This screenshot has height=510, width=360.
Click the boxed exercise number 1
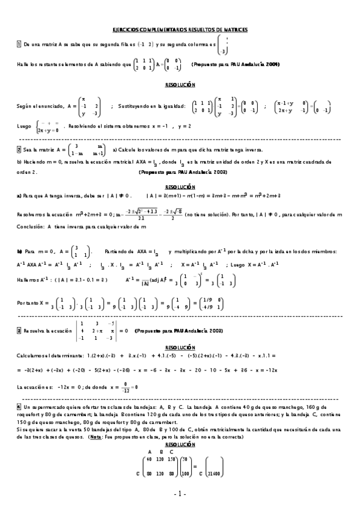tap(19, 45)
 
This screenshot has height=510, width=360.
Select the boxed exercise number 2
tap(19, 149)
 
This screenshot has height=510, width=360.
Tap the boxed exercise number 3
tap(19, 330)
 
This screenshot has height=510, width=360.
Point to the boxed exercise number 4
tap(19, 407)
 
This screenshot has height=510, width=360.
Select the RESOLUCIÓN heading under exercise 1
tap(180, 85)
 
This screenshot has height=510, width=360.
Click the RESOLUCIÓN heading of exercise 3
tap(180, 348)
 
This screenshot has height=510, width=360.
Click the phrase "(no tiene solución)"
tap(209, 214)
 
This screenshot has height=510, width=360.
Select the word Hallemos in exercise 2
tap(28, 279)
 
